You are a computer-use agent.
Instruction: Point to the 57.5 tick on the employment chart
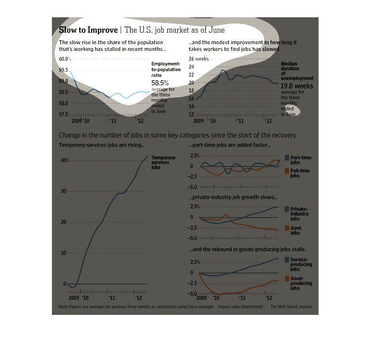coord(63,115)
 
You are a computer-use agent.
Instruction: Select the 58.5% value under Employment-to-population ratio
coord(160,83)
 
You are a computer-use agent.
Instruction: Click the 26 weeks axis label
coord(198,59)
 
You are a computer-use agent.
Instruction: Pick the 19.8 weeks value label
coord(297,86)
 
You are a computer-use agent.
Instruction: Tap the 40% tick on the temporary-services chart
coord(64,160)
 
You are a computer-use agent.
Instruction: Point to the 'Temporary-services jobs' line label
coord(164,163)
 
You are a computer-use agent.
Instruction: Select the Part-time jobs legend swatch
coord(287,157)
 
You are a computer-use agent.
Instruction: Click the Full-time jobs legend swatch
coord(287,171)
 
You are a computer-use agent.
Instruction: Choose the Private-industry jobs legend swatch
coord(287,209)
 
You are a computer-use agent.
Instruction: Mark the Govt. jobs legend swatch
coord(287,228)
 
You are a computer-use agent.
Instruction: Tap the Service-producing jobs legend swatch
coord(287,260)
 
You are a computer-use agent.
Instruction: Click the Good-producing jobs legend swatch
coord(287,278)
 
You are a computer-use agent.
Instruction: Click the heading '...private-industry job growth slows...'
coord(234,197)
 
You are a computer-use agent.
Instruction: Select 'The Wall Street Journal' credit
coord(291,306)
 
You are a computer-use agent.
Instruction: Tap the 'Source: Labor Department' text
coord(240,306)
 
